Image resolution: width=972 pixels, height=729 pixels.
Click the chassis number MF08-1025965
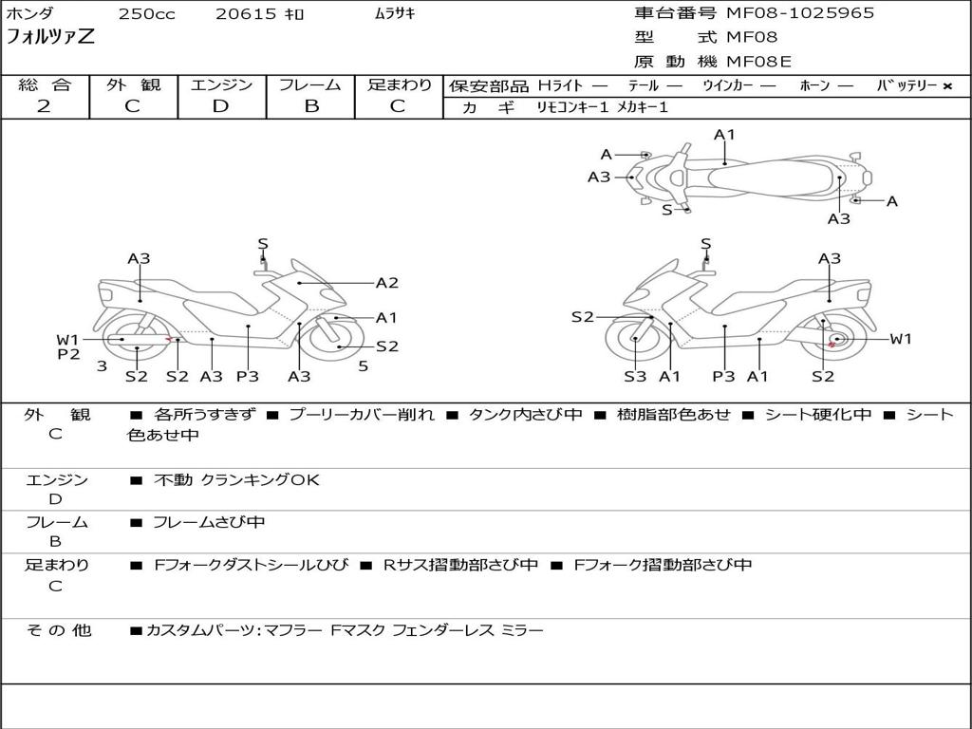coord(800,13)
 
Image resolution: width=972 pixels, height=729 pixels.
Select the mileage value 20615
coord(246,14)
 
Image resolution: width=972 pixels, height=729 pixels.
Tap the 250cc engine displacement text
coord(146,14)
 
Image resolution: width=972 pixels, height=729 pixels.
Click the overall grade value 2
coord(44,106)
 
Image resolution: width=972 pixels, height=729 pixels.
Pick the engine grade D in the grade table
coord(220,106)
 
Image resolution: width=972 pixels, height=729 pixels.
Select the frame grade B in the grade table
coord(310,106)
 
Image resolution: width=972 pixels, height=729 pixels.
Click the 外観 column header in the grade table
coord(133,85)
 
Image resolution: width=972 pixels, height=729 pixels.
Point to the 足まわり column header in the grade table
coord(400,85)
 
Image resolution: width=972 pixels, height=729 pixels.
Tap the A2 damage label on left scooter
coord(386,283)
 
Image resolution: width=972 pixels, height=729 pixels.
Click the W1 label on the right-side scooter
coord(900,339)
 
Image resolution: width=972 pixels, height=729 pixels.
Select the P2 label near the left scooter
coord(68,355)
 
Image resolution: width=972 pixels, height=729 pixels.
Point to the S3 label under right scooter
coord(635,377)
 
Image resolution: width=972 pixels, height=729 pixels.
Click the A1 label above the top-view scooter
coord(724,135)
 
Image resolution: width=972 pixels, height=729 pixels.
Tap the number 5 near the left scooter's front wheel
coord(363,365)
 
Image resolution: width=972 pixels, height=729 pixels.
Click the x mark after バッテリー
coord(946,86)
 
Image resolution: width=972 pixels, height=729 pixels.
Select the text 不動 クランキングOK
coord(236,480)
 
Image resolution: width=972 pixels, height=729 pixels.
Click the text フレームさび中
coord(209,522)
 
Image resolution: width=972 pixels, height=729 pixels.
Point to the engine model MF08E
coord(759,63)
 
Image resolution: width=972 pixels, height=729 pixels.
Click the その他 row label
coord(58,630)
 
